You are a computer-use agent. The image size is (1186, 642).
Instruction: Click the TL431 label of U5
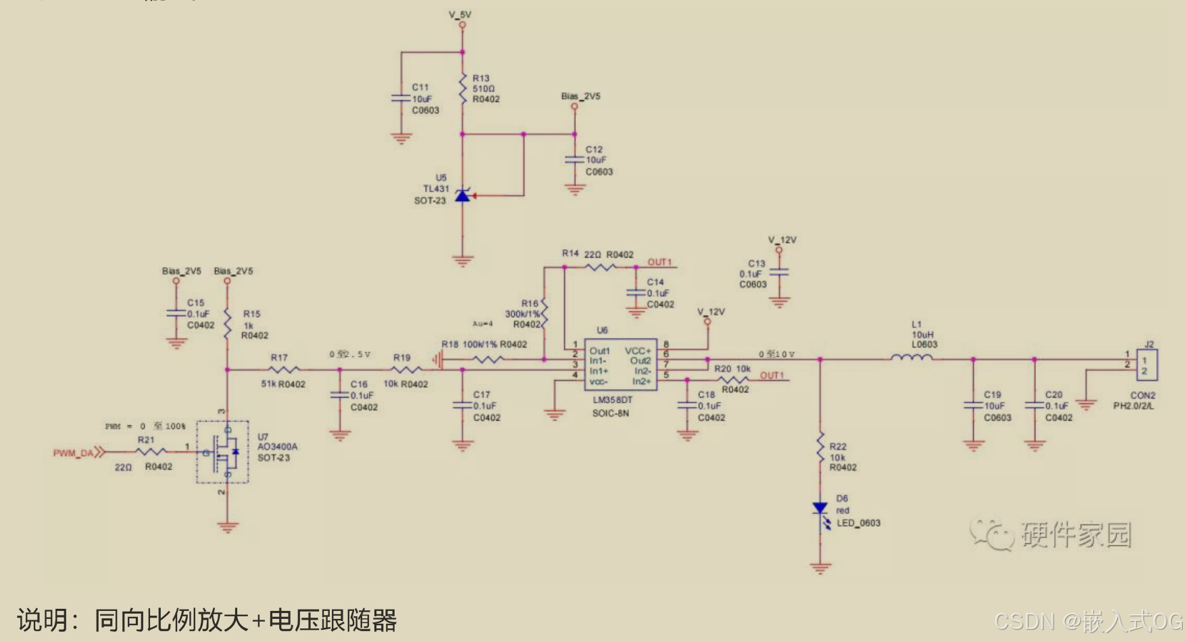[x=436, y=189]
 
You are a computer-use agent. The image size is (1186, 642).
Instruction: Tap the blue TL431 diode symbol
[x=462, y=196]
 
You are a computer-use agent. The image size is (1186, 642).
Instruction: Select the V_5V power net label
[x=460, y=14]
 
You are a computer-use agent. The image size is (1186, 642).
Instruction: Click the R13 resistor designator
[x=480, y=78]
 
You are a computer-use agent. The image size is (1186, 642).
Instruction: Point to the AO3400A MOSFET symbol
[x=223, y=451]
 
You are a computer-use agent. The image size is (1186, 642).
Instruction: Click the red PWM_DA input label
[x=74, y=453]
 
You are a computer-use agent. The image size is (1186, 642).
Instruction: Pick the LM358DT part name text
[x=612, y=400]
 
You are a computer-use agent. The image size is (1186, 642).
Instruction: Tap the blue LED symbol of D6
[x=820, y=509]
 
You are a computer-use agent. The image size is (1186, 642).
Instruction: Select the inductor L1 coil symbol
[x=912, y=358]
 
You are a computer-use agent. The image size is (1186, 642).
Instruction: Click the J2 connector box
[x=1147, y=365]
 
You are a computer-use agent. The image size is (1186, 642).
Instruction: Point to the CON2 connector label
[x=1143, y=395]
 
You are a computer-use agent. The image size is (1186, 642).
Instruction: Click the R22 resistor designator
[x=838, y=446]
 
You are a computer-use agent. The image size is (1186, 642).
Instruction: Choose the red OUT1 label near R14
[x=660, y=262]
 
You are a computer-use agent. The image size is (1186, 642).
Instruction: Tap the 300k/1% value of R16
[x=522, y=314]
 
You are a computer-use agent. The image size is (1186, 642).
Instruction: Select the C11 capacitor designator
[x=420, y=87]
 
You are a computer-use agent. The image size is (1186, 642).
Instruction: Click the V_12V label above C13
[x=782, y=240]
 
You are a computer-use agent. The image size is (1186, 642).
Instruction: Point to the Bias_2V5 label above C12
[x=580, y=96]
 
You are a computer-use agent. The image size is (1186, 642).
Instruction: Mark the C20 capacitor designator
[x=1054, y=394]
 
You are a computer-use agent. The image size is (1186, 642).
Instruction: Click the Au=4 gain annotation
[x=483, y=323]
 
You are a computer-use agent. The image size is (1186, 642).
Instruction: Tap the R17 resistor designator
[x=279, y=357]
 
